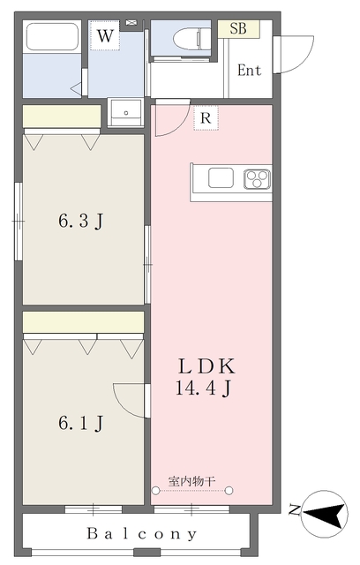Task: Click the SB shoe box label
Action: point(238,28)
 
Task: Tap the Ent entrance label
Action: point(249,70)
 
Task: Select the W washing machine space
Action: point(105,35)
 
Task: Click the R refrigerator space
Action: point(206,117)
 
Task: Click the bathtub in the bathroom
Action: point(53,37)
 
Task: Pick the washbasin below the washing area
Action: point(126,112)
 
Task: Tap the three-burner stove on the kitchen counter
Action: point(257,179)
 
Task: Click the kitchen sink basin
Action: point(221,177)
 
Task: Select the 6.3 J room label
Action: point(81,221)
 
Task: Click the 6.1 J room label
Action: point(81,423)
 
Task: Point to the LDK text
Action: point(207,366)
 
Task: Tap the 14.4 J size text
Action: point(204,388)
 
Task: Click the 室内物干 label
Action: point(191,480)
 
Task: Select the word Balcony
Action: point(142,533)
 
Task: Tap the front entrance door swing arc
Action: point(306,59)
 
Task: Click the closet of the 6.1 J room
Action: point(83,322)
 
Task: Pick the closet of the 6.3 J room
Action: point(62,116)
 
